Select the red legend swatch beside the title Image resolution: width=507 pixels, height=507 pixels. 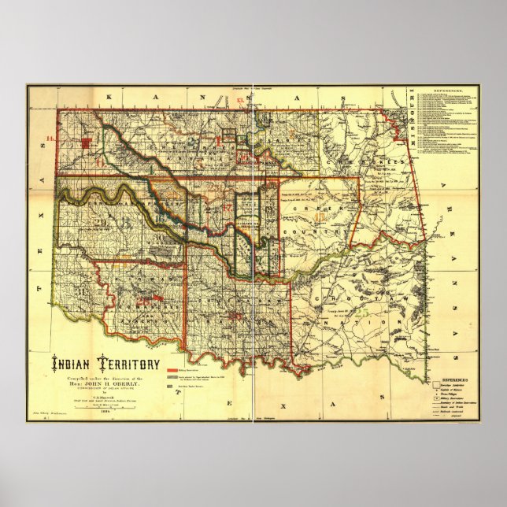[173, 369]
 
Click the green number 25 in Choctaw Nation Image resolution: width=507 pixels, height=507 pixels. [363, 313]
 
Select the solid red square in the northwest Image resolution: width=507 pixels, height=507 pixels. [88, 142]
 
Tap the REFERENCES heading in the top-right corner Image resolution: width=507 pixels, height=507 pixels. [457, 91]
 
